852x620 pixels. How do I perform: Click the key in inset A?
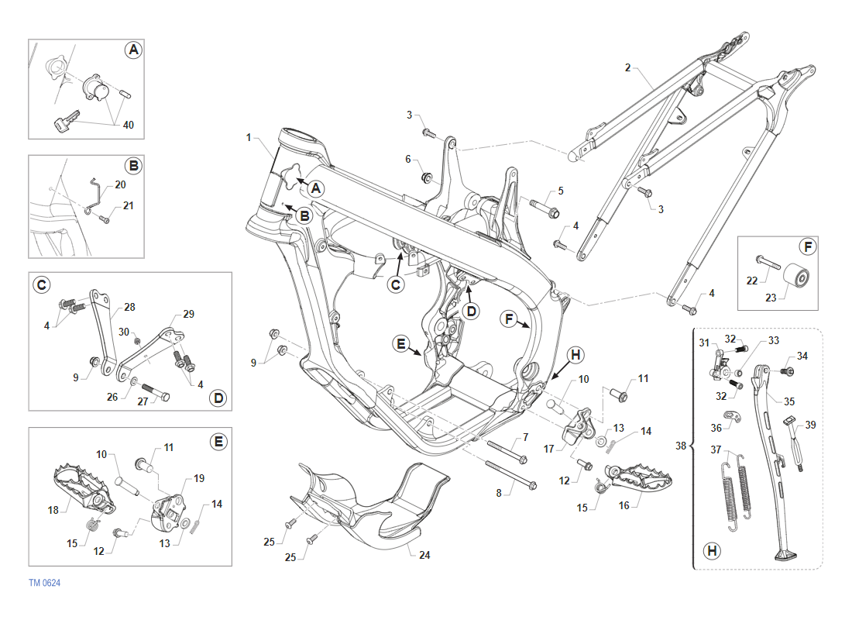click(x=62, y=122)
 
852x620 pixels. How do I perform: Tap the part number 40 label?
click(x=128, y=125)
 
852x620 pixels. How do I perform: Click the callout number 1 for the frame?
click(x=249, y=137)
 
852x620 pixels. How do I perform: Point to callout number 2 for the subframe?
click(x=627, y=67)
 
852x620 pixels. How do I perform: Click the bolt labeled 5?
click(x=545, y=208)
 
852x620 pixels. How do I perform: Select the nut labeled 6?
click(x=426, y=179)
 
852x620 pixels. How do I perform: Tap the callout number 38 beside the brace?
click(x=681, y=446)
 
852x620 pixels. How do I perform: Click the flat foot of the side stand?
click(x=785, y=555)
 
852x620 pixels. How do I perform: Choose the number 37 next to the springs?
click(x=716, y=450)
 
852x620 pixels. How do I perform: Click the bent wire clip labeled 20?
click(x=93, y=191)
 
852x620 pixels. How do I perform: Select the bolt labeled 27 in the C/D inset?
click(x=155, y=391)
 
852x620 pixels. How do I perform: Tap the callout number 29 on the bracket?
click(x=188, y=314)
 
